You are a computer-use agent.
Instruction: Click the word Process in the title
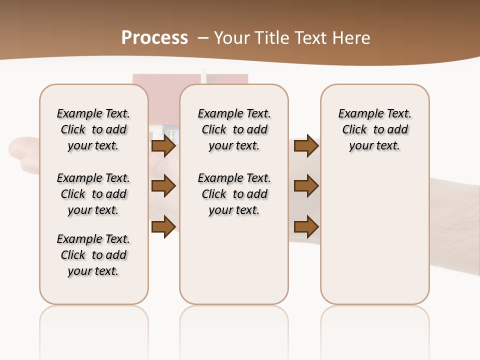(x=154, y=38)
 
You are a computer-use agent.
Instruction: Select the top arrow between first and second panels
(x=163, y=146)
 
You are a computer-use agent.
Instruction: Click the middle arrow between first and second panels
(x=163, y=186)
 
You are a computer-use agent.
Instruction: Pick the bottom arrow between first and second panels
(x=163, y=226)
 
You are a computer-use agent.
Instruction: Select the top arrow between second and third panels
(x=306, y=146)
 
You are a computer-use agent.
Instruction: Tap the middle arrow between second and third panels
(x=306, y=186)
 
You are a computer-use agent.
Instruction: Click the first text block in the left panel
(x=93, y=129)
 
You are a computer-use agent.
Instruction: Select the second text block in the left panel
(x=93, y=194)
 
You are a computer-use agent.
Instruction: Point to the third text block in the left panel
(x=93, y=255)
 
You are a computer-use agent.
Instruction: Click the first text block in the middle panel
(x=234, y=129)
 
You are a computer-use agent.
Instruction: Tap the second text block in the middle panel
(x=234, y=194)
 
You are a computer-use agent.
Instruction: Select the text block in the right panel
(x=374, y=129)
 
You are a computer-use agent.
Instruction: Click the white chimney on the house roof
(x=203, y=75)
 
